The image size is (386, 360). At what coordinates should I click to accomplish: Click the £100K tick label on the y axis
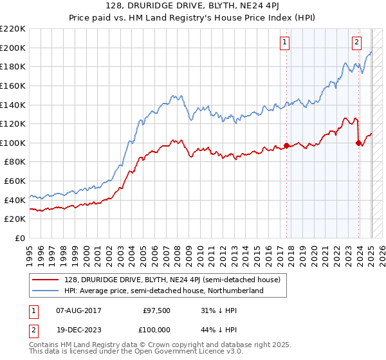pyautogui.click(x=13, y=143)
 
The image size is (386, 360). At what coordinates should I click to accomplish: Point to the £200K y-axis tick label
pyautogui.click(x=13, y=48)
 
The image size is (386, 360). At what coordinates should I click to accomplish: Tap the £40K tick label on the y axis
pyautogui.click(x=15, y=200)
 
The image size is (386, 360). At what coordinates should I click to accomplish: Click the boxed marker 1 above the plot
pyautogui.click(x=284, y=43)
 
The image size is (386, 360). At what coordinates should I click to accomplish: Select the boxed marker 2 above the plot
pyautogui.click(x=356, y=43)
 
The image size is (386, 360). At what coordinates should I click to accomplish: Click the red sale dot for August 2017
pyautogui.click(x=286, y=145)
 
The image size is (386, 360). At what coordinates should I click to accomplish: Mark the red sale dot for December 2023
pyautogui.click(x=358, y=143)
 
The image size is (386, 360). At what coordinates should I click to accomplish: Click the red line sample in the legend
pyautogui.click(x=46, y=280)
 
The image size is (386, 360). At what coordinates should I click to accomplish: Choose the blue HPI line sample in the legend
pyautogui.click(x=46, y=291)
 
